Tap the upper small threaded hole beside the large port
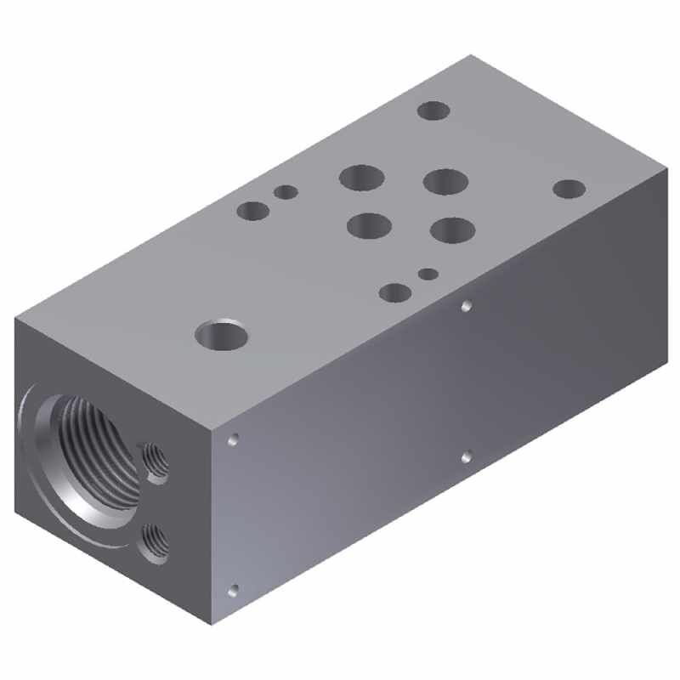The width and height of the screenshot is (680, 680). (155, 460)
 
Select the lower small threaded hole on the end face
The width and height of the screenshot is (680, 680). (154, 541)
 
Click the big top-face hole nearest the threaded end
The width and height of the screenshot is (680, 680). (221, 335)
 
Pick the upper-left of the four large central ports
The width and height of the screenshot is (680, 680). (361, 178)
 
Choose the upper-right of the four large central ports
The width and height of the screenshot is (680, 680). (445, 181)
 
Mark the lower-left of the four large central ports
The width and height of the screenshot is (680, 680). (369, 225)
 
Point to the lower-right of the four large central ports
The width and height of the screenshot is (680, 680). (452, 229)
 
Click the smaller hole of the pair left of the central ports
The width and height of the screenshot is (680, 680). (286, 192)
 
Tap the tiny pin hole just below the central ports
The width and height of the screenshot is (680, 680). (428, 274)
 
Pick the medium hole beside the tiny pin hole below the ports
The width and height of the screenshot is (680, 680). (395, 292)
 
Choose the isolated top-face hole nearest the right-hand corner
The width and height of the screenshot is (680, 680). (569, 189)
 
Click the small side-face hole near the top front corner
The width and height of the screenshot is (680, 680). (233, 439)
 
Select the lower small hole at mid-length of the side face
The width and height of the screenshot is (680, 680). (466, 457)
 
